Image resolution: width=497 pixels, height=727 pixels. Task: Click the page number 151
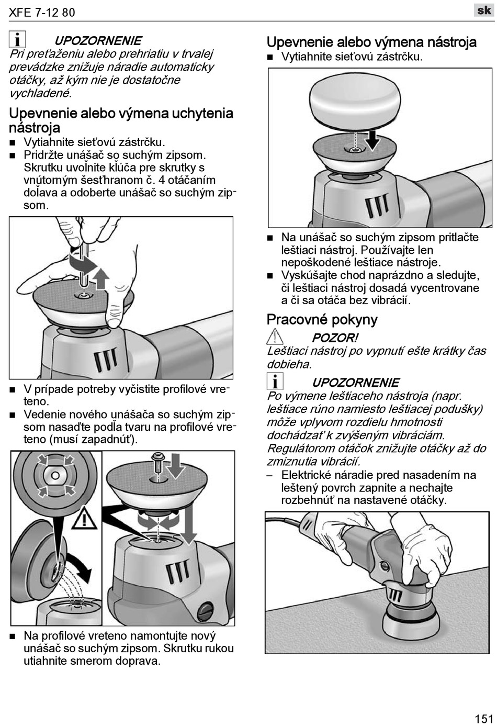pyautogui.click(x=484, y=718)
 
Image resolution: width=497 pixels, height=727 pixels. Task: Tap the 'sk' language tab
pyautogui.click(x=484, y=10)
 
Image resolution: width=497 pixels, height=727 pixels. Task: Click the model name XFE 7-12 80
pyautogui.click(x=42, y=13)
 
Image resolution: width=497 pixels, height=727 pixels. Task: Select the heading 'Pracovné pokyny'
pyautogui.click(x=322, y=319)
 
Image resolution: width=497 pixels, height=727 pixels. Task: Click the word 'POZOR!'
pyautogui.click(x=335, y=338)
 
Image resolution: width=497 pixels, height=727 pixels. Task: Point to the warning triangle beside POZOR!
pyautogui.click(x=275, y=338)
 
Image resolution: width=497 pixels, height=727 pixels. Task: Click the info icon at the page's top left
pyautogui.click(x=17, y=40)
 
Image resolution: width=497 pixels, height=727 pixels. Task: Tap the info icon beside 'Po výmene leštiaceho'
pyautogui.click(x=275, y=382)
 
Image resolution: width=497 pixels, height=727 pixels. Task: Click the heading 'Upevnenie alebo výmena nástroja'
pyautogui.click(x=371, y=42)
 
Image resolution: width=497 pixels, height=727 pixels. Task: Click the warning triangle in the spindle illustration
pyautogui.click(x=82, y=518)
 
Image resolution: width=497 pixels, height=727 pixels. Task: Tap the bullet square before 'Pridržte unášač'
pyautogui.click(x=13, y=155)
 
